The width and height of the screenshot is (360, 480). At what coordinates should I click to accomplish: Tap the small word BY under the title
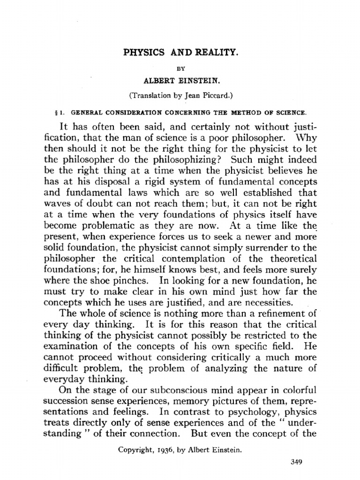[x=180, y=68]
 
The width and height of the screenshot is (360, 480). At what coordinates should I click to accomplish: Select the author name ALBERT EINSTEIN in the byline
[x=180, y=81]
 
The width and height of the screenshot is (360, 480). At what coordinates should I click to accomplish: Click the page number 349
[x=296, y=462]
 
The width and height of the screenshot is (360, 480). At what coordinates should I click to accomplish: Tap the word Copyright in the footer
[x=134, y=450]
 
